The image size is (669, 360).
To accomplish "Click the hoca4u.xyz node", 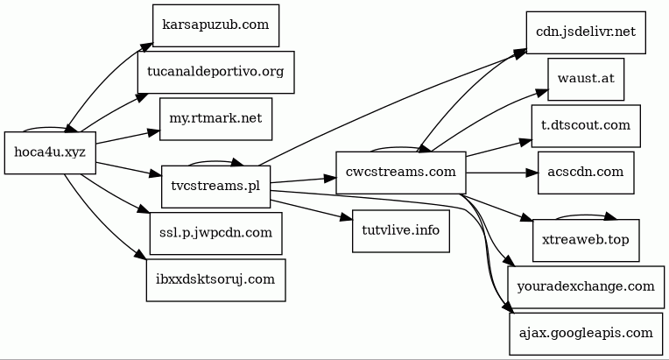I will (x=50, y=152).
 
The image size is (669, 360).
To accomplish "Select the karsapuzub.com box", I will (x=215, y=25).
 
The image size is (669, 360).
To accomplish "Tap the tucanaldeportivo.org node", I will (x=215, y=72).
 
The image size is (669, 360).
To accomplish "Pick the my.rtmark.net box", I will (x=215, y=118).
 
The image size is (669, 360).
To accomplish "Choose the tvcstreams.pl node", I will (x=215, y=187).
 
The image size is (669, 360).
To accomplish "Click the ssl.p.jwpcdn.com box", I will (x=215, y=234).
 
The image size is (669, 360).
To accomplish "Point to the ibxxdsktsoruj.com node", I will (x=215, y=280).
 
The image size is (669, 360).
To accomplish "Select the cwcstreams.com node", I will (x=400, y=173).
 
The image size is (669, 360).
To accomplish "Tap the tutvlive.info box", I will (x=400, y=229).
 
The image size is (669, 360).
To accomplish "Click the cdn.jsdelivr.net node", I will (x=586, y=33).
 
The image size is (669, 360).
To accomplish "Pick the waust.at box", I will (x=586, y=80).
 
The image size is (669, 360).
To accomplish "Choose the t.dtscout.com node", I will (x=586, y=125).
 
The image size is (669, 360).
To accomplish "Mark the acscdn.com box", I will (x=586, y=173).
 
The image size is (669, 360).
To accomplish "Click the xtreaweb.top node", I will (x=586, y=239).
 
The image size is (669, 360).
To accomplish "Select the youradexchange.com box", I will (x=586, y=286).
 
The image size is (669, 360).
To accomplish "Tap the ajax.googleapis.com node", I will (x=586, y=333).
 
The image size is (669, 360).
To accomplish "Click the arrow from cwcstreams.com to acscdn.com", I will (x=499, y=173).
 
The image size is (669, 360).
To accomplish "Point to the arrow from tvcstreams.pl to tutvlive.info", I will (x=311, y=210).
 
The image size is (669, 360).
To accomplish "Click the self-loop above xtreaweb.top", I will (x=586, y=215).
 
